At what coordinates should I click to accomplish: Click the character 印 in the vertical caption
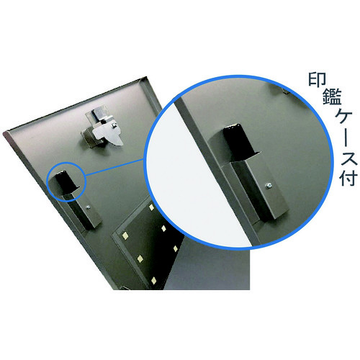pyautogui.click(x=317, y=80)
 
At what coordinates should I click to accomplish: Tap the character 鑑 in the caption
pyautogui.click(x=332, y=96)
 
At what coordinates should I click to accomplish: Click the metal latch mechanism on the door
pyautogui.click(x=102, y=128)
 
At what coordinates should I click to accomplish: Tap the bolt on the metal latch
pyautogui.click(x=114, y=125)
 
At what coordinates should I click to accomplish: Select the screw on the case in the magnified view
pyautogui.click(x=270, y=185)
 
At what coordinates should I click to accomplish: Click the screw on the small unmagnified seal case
pyautogui.click(x=88, y=207)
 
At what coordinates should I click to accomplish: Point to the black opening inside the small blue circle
pyautogui.click(x=64, y=181)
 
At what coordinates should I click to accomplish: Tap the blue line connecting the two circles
pyautogui.click(x=114, y=167)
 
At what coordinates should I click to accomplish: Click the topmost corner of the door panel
pyautogui.click(x=146, y=77)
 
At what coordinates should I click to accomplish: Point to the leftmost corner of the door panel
pyautogui.click(x=4, y=133)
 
